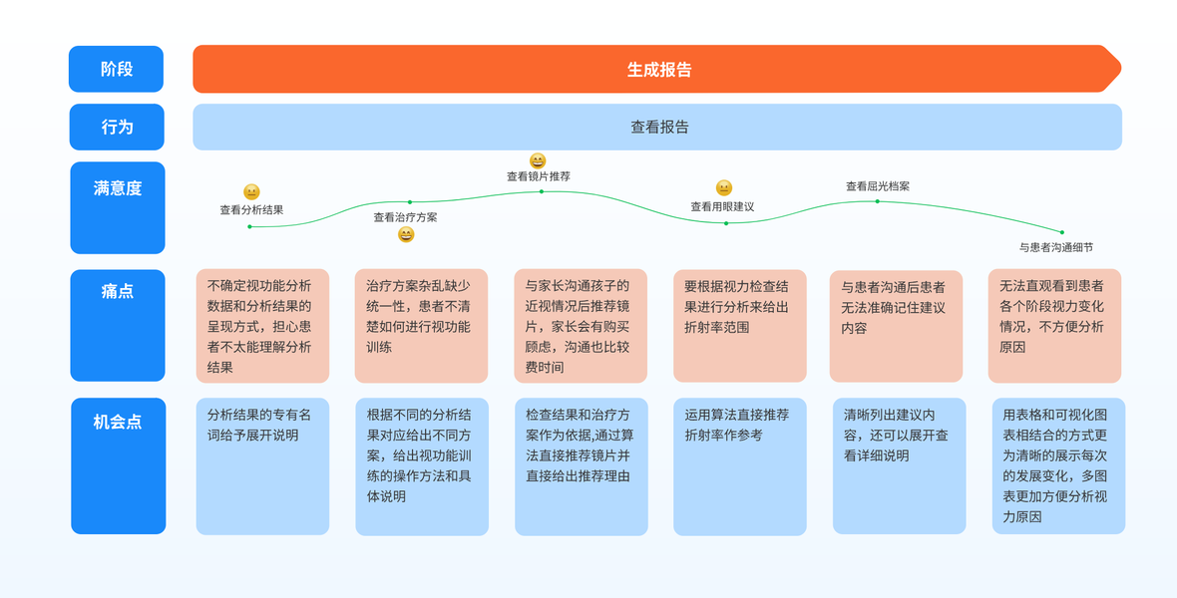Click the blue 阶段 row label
(x=116, y=69)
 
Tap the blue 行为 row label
(x=117, y=127)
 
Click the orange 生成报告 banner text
(x=659, y=70)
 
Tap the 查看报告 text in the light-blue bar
(x=659, y=127)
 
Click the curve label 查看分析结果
(x=251, y=210)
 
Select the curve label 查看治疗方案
(x=405, y=217)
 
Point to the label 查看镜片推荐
(x=538, y=176)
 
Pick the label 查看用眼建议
(x=722, y=207)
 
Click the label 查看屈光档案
(x=878, y=186)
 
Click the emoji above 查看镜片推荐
(x=538, y=160)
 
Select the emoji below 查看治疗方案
(x=406, y=234)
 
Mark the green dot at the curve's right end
(x=1061, y=232)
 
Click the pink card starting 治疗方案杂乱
(x=421, y=325)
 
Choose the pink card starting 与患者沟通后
(x=896, y=325)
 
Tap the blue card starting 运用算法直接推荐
(x=739, y=465)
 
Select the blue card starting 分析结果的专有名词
(x=262, y=465)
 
